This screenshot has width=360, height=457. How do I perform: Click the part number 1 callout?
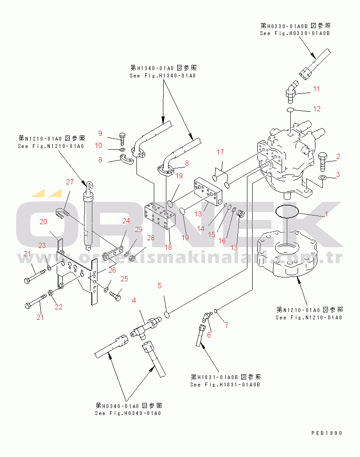tap(327, 214)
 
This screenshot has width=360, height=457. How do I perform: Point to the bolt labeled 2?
tap(322, 161)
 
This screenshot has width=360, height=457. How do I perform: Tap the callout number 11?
tap(317, 89)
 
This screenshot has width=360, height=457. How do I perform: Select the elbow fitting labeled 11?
tap(292, 92)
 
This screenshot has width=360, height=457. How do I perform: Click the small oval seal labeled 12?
tap(290, 109)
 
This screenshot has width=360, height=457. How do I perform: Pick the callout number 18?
tap(169, 247)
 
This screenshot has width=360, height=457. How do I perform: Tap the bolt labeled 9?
tap(122, 139)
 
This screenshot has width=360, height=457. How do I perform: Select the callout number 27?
tap(70, 182)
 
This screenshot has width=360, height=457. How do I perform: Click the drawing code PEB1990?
tap(327, 433)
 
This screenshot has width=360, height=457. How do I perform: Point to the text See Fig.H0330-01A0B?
tap(295, 33)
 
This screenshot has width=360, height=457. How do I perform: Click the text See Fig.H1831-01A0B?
tap(225, 385)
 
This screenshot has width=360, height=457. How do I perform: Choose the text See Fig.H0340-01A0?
tap(128, 413)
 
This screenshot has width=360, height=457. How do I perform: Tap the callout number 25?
tap(124, 279)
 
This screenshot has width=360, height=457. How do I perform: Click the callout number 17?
tap(220, 152)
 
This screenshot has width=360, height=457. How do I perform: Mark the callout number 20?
tap(43, 222)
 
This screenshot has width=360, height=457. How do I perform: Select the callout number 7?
tap(227, 325)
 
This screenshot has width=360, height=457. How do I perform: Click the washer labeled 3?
tap(322, 177)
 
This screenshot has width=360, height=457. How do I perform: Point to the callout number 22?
tap(58, 307)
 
